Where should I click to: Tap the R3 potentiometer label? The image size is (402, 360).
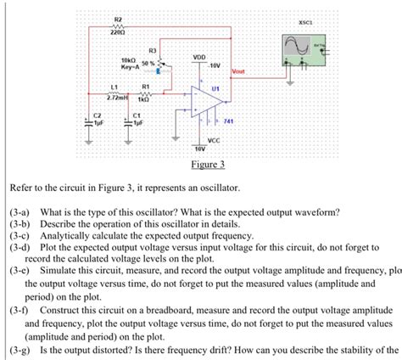click(153, 50)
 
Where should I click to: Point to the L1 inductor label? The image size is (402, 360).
click(114, 87)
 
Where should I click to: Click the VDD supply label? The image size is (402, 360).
click(199, 58)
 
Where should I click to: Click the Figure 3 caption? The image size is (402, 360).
click(208, 164)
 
